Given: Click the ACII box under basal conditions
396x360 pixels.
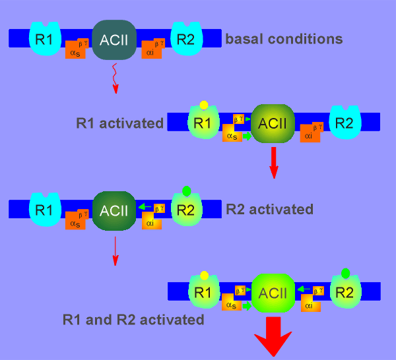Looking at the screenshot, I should point(114,38).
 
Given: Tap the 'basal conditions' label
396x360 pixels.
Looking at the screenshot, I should point(284,39).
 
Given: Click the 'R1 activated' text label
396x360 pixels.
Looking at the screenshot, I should point(119,123).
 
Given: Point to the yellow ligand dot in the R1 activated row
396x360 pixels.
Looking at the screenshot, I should point(204,105).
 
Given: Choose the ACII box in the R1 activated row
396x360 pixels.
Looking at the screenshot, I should point(273,123).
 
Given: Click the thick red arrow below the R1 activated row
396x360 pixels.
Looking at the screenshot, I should point(274,162).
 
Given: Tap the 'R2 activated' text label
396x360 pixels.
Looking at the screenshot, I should point(269,210).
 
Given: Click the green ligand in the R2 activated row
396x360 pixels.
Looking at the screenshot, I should point(187,191).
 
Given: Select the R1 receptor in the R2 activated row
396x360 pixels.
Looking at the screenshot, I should point(44,210).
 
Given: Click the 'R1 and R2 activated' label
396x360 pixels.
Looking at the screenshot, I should point(133,320).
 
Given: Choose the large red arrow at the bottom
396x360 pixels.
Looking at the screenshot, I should point(273,338).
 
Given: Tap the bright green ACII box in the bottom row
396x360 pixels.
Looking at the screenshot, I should point(273,292).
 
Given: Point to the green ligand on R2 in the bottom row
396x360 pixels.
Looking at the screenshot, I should point(346,273).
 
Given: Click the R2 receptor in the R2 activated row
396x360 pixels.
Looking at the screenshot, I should point(186,210).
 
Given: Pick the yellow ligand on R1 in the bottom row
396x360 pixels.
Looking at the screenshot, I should point(204,275).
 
